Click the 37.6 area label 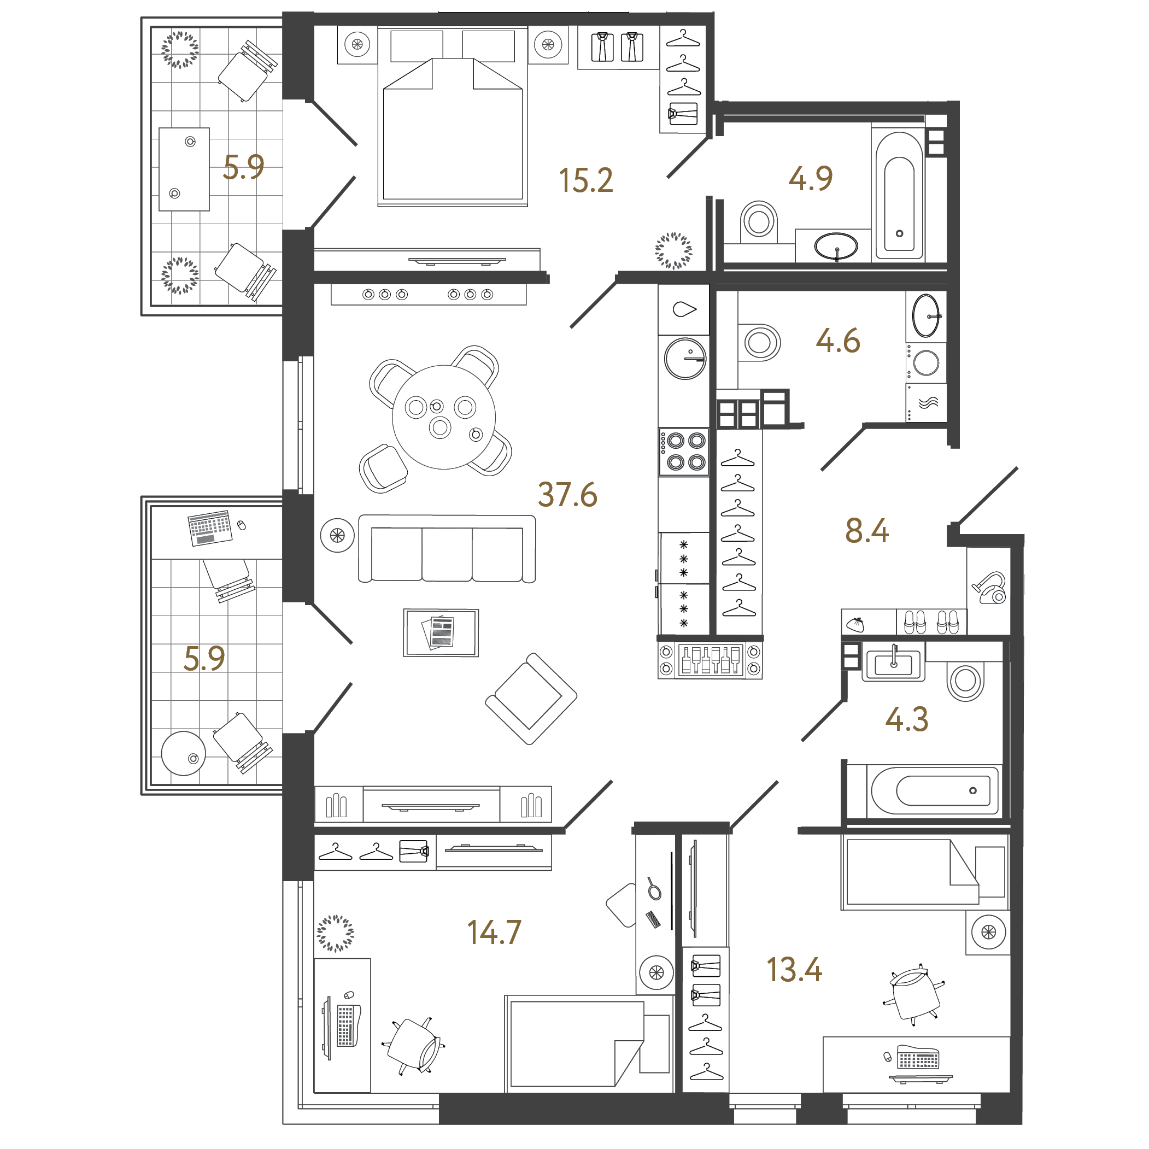(x=567, y=495)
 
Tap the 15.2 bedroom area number (x=585, y=180)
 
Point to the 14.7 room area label (x=494, y=933)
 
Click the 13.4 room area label (x=794, y=970)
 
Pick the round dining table (x=443, y=417)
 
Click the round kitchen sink (x=685, y=359)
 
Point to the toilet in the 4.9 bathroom (x=759, y=222)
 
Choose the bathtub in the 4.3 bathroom (x=935, y=791)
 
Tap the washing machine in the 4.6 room (x=926, y=362)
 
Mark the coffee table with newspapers (x=441, y=632)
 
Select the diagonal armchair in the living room (x=530, y=699)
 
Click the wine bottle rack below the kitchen (x=711, y=660)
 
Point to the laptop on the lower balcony (x=209, y=527)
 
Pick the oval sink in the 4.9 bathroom (x=836, y=245)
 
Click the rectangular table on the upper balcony (x=184, y=169)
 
